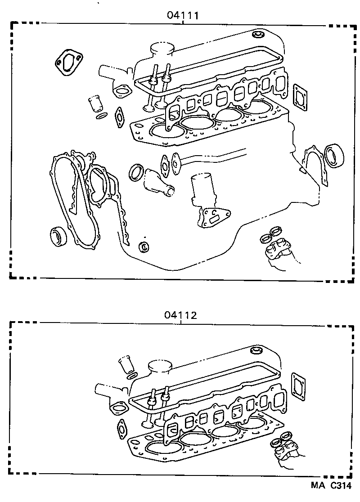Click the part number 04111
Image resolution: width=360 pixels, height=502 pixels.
(x=183, y=15)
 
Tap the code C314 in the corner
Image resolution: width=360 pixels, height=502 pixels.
(x=340, y=485)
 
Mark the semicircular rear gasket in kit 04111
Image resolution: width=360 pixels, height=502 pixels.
(x=313, y=164)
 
